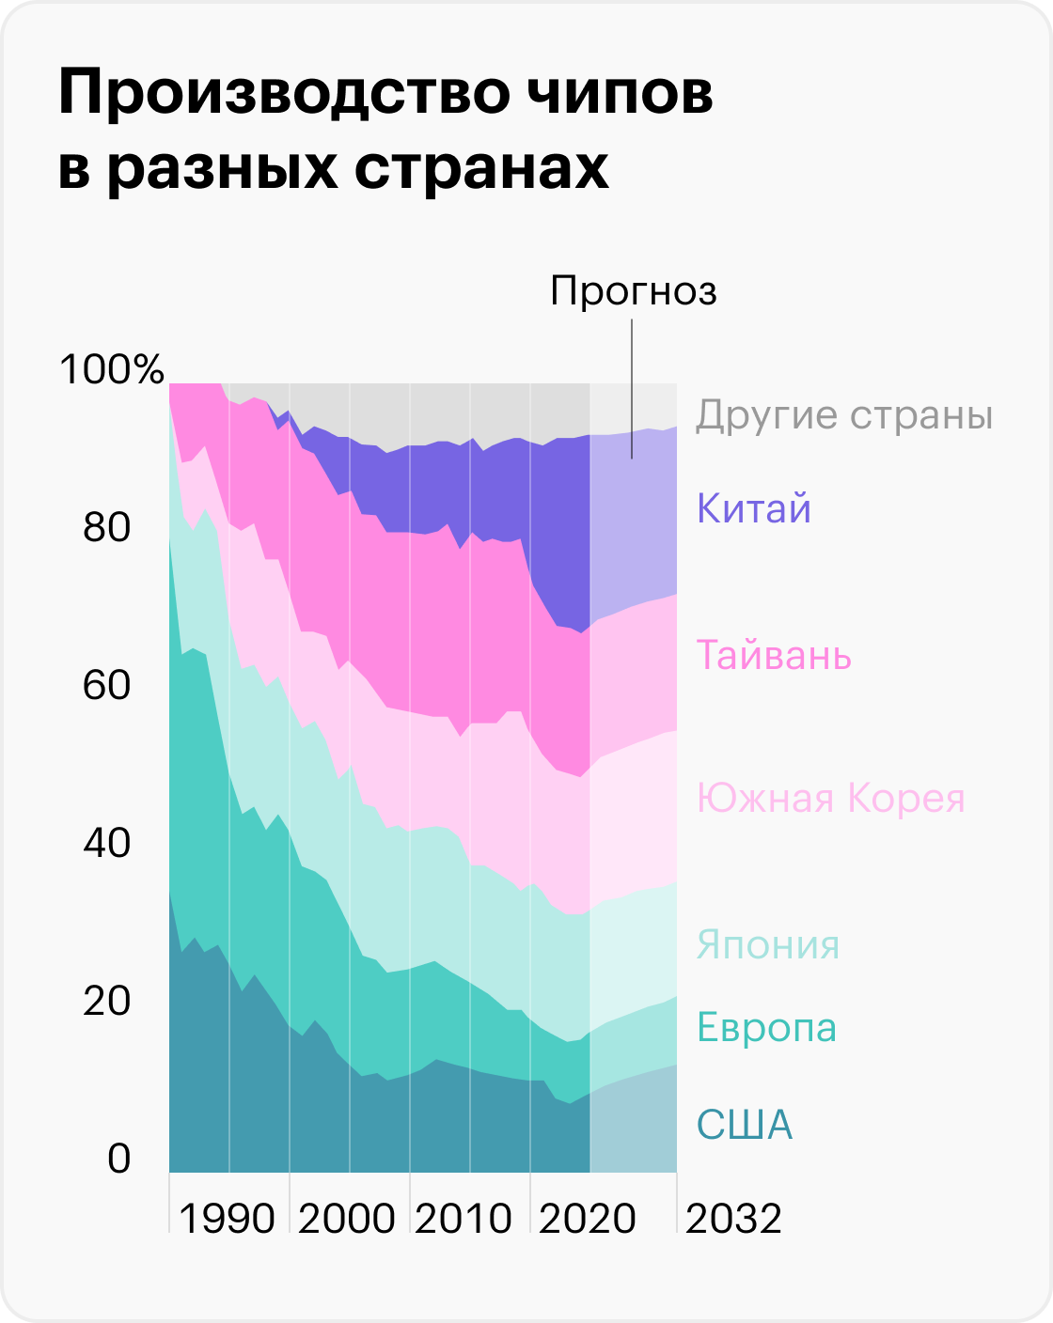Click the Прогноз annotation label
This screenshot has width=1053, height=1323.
coord(634,291)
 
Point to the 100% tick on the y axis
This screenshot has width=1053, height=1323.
coord(112,369)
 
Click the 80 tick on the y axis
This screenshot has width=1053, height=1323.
coord(106,528)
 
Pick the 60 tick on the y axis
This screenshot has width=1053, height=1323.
coord(106,685)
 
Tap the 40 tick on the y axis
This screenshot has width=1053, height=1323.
coord(106,843)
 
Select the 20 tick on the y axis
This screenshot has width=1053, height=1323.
coord(106,1001)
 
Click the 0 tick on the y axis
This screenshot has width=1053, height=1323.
coord(118,1159)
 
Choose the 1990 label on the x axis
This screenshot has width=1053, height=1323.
coord(227,1219)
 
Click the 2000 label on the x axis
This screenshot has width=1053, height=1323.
coord(347,1219)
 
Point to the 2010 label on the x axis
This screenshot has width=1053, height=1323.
coord(464,1219)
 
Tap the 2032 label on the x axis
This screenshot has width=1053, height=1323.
coord(734,1219)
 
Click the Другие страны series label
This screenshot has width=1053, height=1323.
coord(844,415)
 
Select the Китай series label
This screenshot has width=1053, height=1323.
coord(753,509)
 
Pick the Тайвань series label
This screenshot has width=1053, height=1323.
coord(774,655)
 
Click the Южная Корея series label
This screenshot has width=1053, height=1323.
coord(831,799)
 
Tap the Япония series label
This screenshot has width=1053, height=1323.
coord(767,945)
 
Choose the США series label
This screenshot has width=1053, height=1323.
coord(745,1125)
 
